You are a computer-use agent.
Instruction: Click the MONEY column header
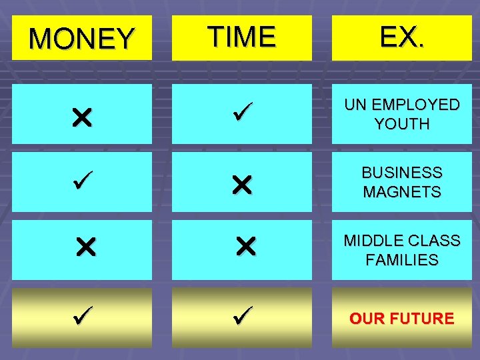81,38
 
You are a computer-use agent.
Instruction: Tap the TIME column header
241,37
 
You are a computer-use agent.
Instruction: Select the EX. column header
401,37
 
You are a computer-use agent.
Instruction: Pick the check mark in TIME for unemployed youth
241,113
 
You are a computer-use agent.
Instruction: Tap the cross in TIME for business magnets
241,186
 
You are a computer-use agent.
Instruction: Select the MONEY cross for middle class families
85,249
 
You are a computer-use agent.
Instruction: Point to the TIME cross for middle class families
245,249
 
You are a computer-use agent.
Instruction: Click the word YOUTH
402,124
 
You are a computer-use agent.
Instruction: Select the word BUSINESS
402,173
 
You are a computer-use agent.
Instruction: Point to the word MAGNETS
402,192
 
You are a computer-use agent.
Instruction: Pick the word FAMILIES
402,260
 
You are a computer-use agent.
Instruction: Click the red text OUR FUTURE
402,318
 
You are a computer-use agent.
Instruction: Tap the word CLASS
434,241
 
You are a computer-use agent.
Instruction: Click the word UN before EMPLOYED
353,105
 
